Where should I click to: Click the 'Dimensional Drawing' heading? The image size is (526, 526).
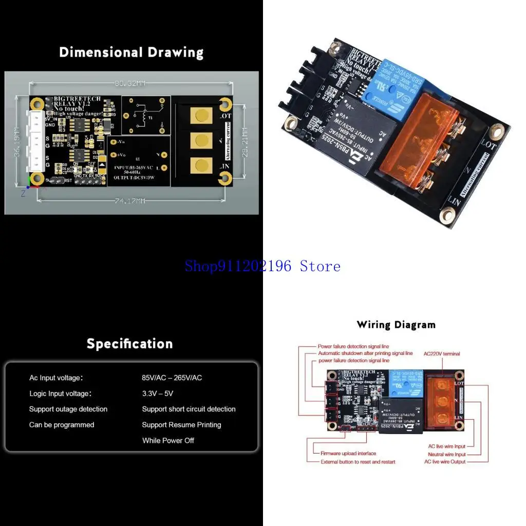tap(131, 52)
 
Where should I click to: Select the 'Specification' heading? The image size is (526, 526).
tap(129, 344)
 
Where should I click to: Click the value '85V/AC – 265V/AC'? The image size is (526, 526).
tap(172, 378)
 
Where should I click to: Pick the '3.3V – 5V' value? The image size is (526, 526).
tap(158, 393)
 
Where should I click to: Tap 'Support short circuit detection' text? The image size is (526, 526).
tap(189, 409)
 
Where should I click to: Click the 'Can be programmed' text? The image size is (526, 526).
tap(62, 425)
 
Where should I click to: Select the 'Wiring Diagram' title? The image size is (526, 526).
tap(396, 325)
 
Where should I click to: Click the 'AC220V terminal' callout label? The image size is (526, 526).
tap(442, 354)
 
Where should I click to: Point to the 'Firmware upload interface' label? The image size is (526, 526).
tap(348, 454)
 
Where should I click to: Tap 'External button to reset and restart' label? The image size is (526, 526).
tap(358, 462)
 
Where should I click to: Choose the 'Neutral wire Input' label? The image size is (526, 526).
tap(446, 455)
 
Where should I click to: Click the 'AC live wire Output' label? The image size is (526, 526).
tap(445, 462)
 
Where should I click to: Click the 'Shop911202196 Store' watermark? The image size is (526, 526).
tap(262, 266)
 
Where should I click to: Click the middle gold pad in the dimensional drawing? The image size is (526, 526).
tap(201, 139)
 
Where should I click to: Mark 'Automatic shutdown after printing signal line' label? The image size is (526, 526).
tap(365, 353)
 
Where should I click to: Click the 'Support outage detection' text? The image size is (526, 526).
tap(68, 409)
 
